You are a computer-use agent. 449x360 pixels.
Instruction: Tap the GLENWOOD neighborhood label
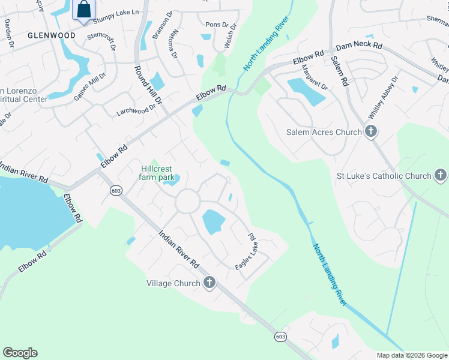coord(52,35)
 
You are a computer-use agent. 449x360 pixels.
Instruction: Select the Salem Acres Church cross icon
coord(371,132)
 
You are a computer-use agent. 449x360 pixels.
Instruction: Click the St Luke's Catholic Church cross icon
coord(441,176)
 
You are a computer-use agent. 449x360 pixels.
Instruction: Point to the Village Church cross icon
coord(209,283)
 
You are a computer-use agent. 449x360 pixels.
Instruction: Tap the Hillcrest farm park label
coord(157,173)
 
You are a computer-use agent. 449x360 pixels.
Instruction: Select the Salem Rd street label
coord(339,70)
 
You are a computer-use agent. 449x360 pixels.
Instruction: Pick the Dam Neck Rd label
coord(359,46)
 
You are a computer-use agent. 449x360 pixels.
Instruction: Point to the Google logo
coord(20,353)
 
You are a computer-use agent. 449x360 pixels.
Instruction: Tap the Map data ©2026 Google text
coord(411,355)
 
